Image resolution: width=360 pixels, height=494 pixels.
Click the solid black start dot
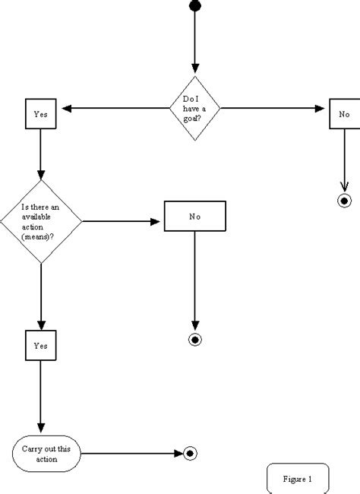click(195, 5)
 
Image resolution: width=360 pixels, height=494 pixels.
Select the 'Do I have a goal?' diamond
click(195, 109)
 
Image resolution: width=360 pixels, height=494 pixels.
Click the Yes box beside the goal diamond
click(40, 114)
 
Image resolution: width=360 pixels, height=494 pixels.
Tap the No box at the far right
click(344, 114)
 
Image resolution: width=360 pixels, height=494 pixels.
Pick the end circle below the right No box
click(344, 201)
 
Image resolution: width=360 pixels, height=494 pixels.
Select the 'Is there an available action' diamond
click(40, 221)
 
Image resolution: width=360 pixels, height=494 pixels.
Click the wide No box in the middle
click(195, 216)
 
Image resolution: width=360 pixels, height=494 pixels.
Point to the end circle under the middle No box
click(195, 339)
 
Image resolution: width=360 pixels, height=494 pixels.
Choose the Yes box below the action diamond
click(40, 345)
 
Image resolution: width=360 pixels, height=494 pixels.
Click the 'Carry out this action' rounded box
click(47, 454)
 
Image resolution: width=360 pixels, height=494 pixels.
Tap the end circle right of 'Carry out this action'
click(190, 454)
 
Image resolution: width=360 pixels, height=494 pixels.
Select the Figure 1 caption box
click(298, 479)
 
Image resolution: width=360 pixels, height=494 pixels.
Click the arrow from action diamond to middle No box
click(122, 222)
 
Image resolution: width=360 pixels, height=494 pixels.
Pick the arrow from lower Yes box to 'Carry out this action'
click(40, 395)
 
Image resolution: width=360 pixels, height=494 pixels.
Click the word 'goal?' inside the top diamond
click(195, 118)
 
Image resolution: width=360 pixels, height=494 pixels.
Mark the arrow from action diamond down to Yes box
click(40, 296)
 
